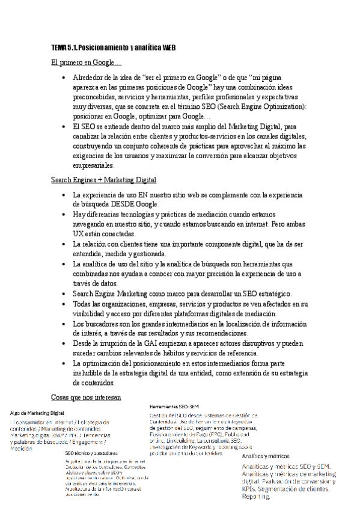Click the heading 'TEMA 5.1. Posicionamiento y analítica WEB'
click(112, 48)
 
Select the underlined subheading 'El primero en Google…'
click(86, 63)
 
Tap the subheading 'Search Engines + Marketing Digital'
click(103, 180)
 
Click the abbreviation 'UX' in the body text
click(78, 233)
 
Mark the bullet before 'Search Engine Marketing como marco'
click(64, 294)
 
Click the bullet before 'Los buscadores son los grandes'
click(64, 324)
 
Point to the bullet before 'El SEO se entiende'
click(64, 127)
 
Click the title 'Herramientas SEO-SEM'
click(174, 407)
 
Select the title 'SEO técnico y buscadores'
click(91, 453)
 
